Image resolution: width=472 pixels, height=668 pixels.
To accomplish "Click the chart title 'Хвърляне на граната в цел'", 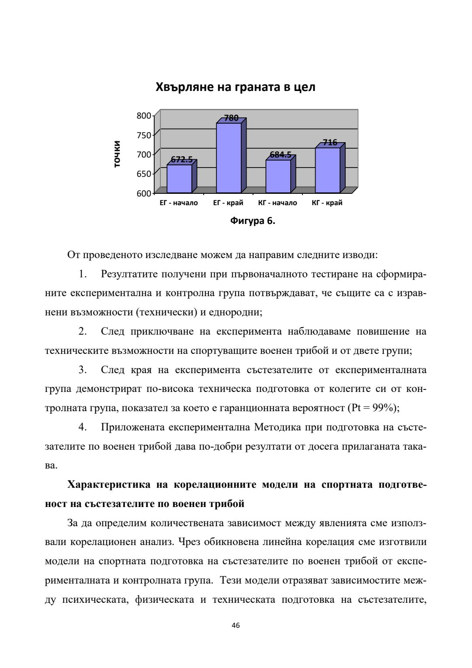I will coord(236,87).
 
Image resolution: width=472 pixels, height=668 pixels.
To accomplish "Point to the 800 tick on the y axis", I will coord(144,115).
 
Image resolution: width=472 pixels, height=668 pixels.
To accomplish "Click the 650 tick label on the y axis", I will coord(144,174).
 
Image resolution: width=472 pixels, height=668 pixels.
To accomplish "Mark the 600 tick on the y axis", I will coord(144,193).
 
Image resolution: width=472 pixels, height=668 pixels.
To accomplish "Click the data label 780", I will coord(231,118).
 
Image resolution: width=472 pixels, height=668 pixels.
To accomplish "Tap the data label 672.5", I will coord(181,160).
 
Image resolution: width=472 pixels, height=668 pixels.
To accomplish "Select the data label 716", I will coord(330,142).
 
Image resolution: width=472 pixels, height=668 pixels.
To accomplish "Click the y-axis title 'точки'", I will coord(117,154).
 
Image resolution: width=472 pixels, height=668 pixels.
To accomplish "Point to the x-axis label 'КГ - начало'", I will coord(278,203).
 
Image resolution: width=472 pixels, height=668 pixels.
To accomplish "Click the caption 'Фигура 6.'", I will coord(253,221).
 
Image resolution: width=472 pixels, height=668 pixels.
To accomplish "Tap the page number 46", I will coord(236,626).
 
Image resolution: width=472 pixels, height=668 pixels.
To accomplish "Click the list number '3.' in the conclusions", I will coord(83,370).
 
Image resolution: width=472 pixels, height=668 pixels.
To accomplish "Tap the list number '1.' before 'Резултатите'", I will coord(83,274).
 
